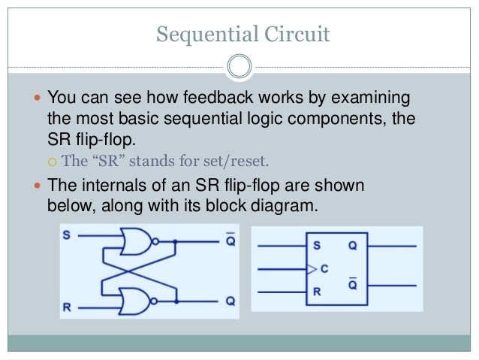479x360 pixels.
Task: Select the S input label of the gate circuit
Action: pyautogui.click(x=67, y=236)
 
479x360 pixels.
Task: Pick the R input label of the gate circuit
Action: pyautogui.click(x=67, y=307)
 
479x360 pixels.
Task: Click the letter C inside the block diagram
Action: pyautogui.click(x=324, y=267)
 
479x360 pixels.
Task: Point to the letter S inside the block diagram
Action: pyautogui.click(x=317, y=245)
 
